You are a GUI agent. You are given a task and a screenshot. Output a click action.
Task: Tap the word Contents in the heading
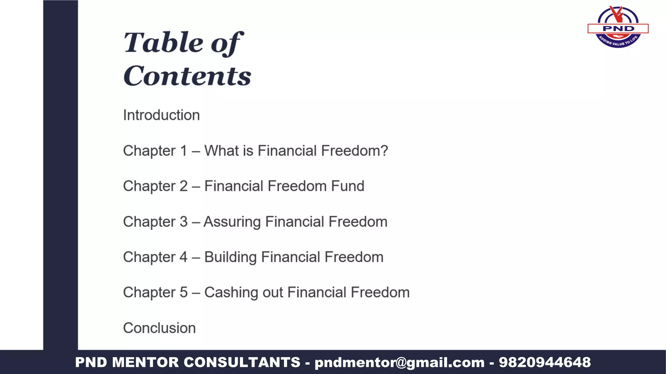pos(187,76)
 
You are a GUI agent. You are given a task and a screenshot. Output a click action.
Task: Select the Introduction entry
pos(161,115)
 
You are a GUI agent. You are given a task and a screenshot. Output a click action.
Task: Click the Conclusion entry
pos(159,328)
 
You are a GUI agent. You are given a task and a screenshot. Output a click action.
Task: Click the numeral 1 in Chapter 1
pos(184,151)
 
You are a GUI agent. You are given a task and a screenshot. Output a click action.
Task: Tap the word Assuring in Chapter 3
pos(232,222)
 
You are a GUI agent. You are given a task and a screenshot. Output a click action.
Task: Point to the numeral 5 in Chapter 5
pos(184,293)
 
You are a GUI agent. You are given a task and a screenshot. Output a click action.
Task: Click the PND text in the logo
pos(619,29)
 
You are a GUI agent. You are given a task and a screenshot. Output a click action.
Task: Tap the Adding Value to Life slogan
pos(618,42)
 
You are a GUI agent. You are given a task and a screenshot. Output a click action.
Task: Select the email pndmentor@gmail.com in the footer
pos(399,362)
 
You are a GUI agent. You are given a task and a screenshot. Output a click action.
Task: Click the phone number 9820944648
pos(545,362)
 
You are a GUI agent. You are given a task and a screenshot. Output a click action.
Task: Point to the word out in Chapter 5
pos(273,293)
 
